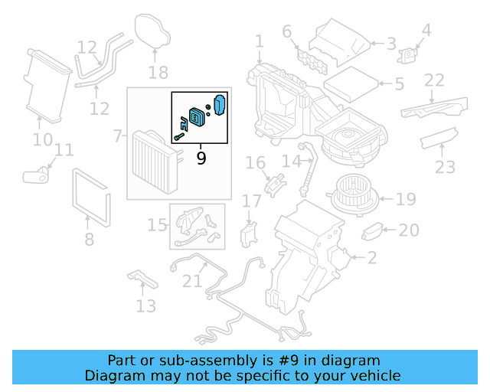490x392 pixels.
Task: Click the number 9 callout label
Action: point(201,158)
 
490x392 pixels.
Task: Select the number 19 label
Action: point(406,200)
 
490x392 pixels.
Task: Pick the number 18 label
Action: point(158,73)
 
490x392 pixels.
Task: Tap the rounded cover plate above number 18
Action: point(153,31)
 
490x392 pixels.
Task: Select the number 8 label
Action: point(90,240)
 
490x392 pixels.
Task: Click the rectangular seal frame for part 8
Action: point(91,193)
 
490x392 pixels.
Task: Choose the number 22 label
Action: point(434,80)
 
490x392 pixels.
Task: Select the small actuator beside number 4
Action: point(410,55)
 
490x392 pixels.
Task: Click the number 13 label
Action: point(145,306)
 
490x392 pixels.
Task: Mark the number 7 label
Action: point(118,136)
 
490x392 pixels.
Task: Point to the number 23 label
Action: point(445,167)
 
